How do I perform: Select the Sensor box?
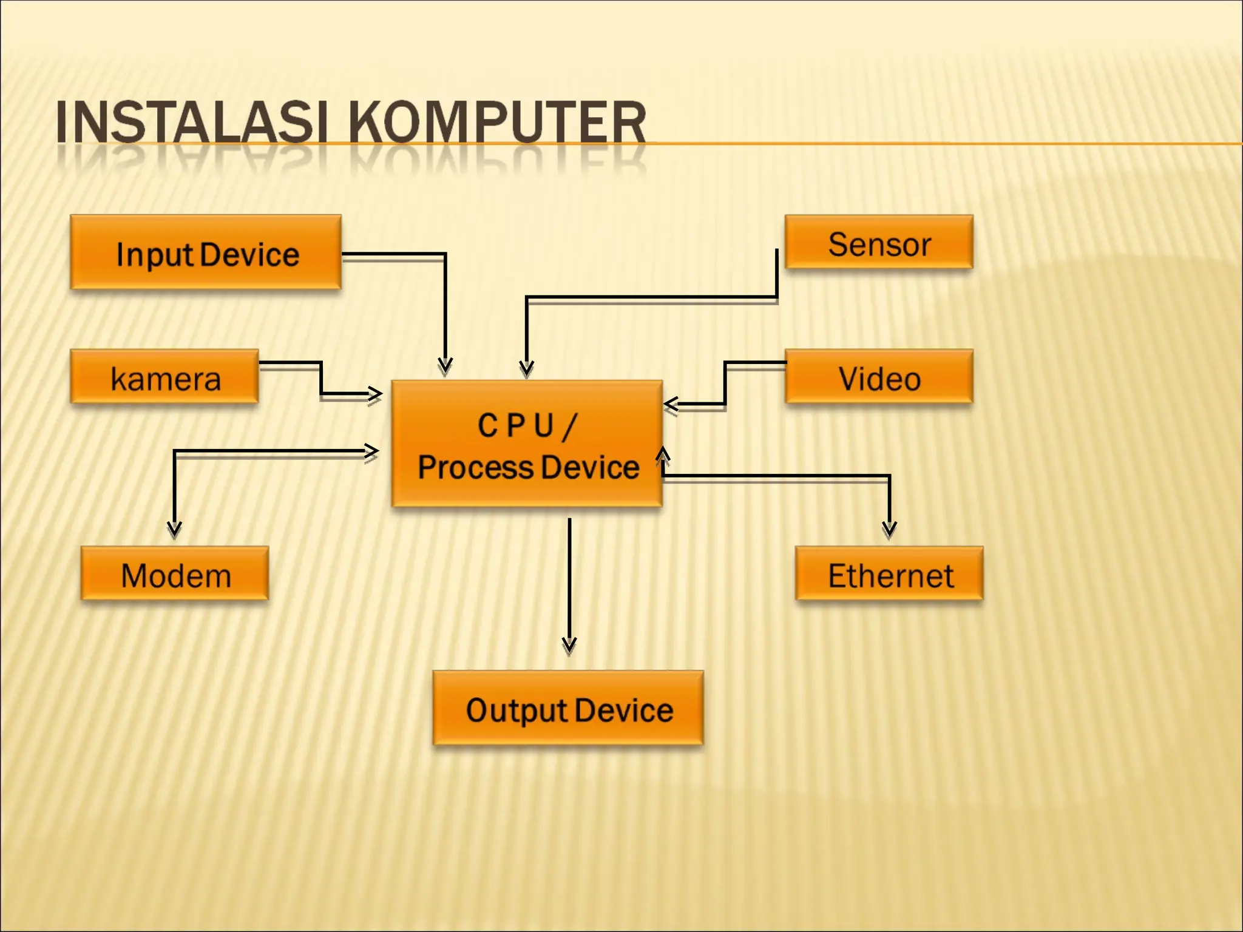point(879,242)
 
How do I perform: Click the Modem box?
point(175,573)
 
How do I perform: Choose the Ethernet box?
point(889,573)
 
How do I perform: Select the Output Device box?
point(568,708)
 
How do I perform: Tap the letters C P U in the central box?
point(515,425)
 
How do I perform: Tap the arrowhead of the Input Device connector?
point(445,365)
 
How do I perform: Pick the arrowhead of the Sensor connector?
point(526,367)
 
